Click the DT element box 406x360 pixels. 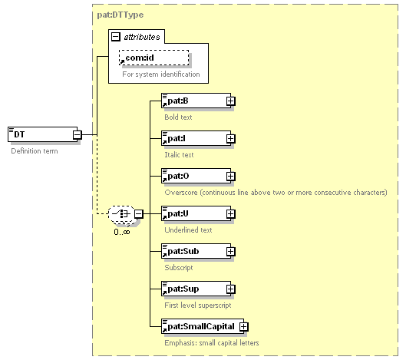pyautogui.click(x=43, y=134)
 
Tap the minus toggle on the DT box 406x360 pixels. pyautogui.click(x=78, y=134)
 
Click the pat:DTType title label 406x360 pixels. pyautogui.click(x=120, y=15)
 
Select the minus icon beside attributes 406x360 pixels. pyautogui.click(x=115, y=37)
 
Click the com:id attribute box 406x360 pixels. pyautogui.click(x=153, y=58)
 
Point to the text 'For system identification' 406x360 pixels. pyautogui.click(x=161, y=74)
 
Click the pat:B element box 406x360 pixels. pyautogui.click(x=196, y=101)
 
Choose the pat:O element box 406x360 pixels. pyautogui.click(x=196, y=176)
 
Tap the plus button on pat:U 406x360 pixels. pyautogui.click(x=230, y=214)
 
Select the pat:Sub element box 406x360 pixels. pyautogui.click(x=196, y=251)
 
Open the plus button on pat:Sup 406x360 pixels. pyautogui.click(x=230, y=289)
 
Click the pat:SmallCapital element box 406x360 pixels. pyautogui.click(x=203, y=326)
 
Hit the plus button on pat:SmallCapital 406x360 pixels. pyautogui.click(x=243, y=326)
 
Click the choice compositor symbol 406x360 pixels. pyautogui.click(x=121, y=214)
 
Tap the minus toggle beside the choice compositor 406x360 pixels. pyautogui.click(x=138, y=214)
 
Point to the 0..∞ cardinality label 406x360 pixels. pyautogui.click(x=122, y=232)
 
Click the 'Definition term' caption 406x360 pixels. pyautogui.click(x=35, y=151)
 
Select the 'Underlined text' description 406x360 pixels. pyautogui.click(x=188, y=230)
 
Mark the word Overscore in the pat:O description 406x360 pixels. pyautogui.click(x=181, y=193)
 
